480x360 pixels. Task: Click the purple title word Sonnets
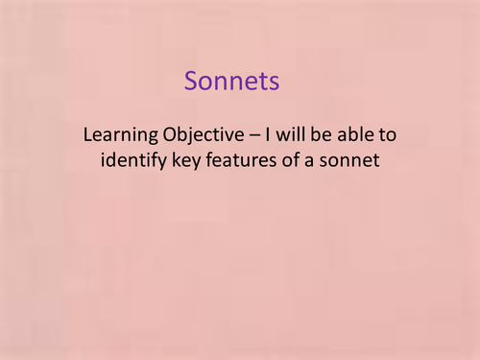(x=233, y=82)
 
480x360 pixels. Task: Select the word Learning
(x=119, y=135)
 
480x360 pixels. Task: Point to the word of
(x=296, y=160)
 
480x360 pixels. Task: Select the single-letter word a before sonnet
(x=317, y=160)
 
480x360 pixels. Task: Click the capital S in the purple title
(x=191, y=82)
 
